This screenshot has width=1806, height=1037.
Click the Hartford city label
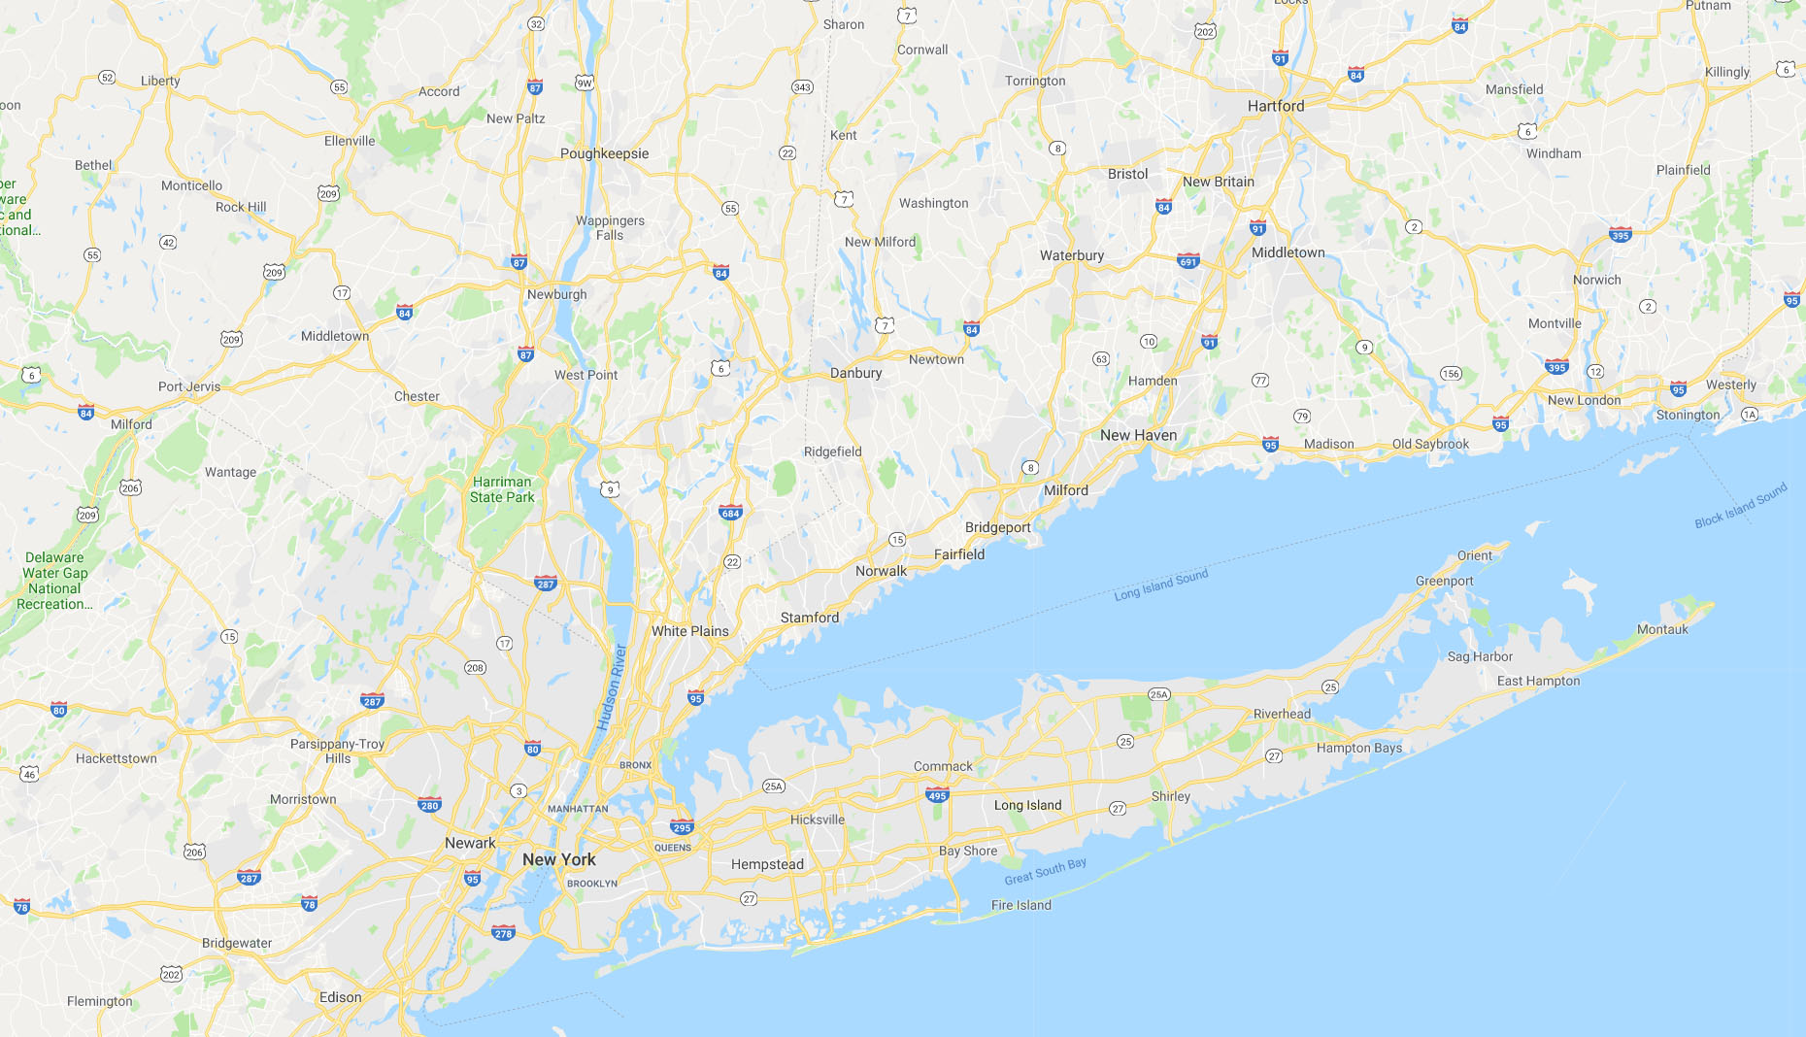[1276, 106]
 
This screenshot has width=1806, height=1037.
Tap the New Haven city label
[1138, 435]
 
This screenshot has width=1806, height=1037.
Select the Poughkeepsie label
[604, 153]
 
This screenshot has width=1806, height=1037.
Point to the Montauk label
[1662, 629]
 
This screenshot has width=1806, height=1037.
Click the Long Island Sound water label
[1161, 585]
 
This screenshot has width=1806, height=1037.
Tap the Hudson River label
[612, 686]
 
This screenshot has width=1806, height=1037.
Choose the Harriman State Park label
[502, 489]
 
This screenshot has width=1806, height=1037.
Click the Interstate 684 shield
[730, 513]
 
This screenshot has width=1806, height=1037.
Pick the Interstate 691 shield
[1188, 260]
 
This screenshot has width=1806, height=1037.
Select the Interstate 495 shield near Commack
[937, 795]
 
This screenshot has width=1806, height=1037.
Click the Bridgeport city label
[998, 527]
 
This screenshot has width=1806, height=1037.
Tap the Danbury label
[855, 373]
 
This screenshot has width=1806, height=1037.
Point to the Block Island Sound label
[1741, 506]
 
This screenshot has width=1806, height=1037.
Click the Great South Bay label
[1045, 871]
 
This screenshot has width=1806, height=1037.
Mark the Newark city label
[470, 843]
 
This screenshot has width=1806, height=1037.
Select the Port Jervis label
[189, 386]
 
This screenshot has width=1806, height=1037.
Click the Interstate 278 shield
[503, 933]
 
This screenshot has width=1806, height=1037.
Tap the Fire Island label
[1020, 905]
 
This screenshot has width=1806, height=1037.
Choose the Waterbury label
[1072, 255]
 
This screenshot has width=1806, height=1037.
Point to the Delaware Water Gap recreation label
[55, 581]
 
